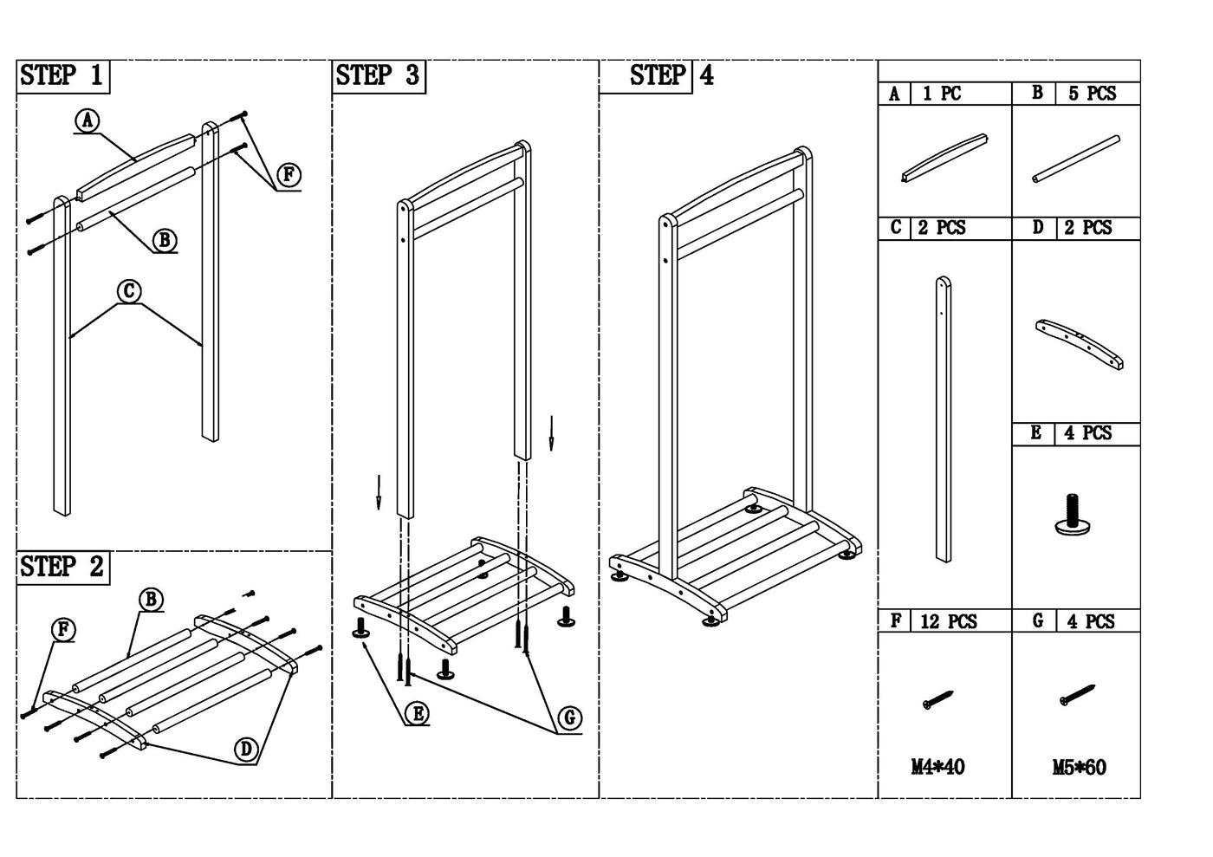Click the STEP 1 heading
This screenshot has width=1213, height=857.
tap(62, 76)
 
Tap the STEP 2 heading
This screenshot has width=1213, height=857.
tap(62, 568)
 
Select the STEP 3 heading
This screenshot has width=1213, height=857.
tap(378, 76)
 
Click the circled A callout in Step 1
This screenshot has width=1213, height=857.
tap(87, 121)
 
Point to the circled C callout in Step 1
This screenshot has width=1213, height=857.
tap(129, 291)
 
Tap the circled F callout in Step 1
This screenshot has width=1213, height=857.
tap(289, 175)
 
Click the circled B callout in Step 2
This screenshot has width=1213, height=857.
tap(151, 599)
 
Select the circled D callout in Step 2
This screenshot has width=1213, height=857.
tap(247, 749)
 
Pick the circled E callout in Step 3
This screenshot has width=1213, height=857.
tap(417, 713)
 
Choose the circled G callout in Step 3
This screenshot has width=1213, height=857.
tap(569, 717)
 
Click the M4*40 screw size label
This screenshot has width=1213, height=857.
tap(937, 767)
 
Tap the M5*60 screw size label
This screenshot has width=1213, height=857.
tap(1079, 767)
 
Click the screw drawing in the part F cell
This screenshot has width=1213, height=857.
tap(937, 700)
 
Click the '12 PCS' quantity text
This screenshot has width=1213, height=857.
tap(948, 621)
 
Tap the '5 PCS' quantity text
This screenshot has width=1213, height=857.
tap(1092, 94)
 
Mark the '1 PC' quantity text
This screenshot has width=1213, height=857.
tap(941, 94)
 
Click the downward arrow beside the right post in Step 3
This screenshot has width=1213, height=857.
tap(550, 432)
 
